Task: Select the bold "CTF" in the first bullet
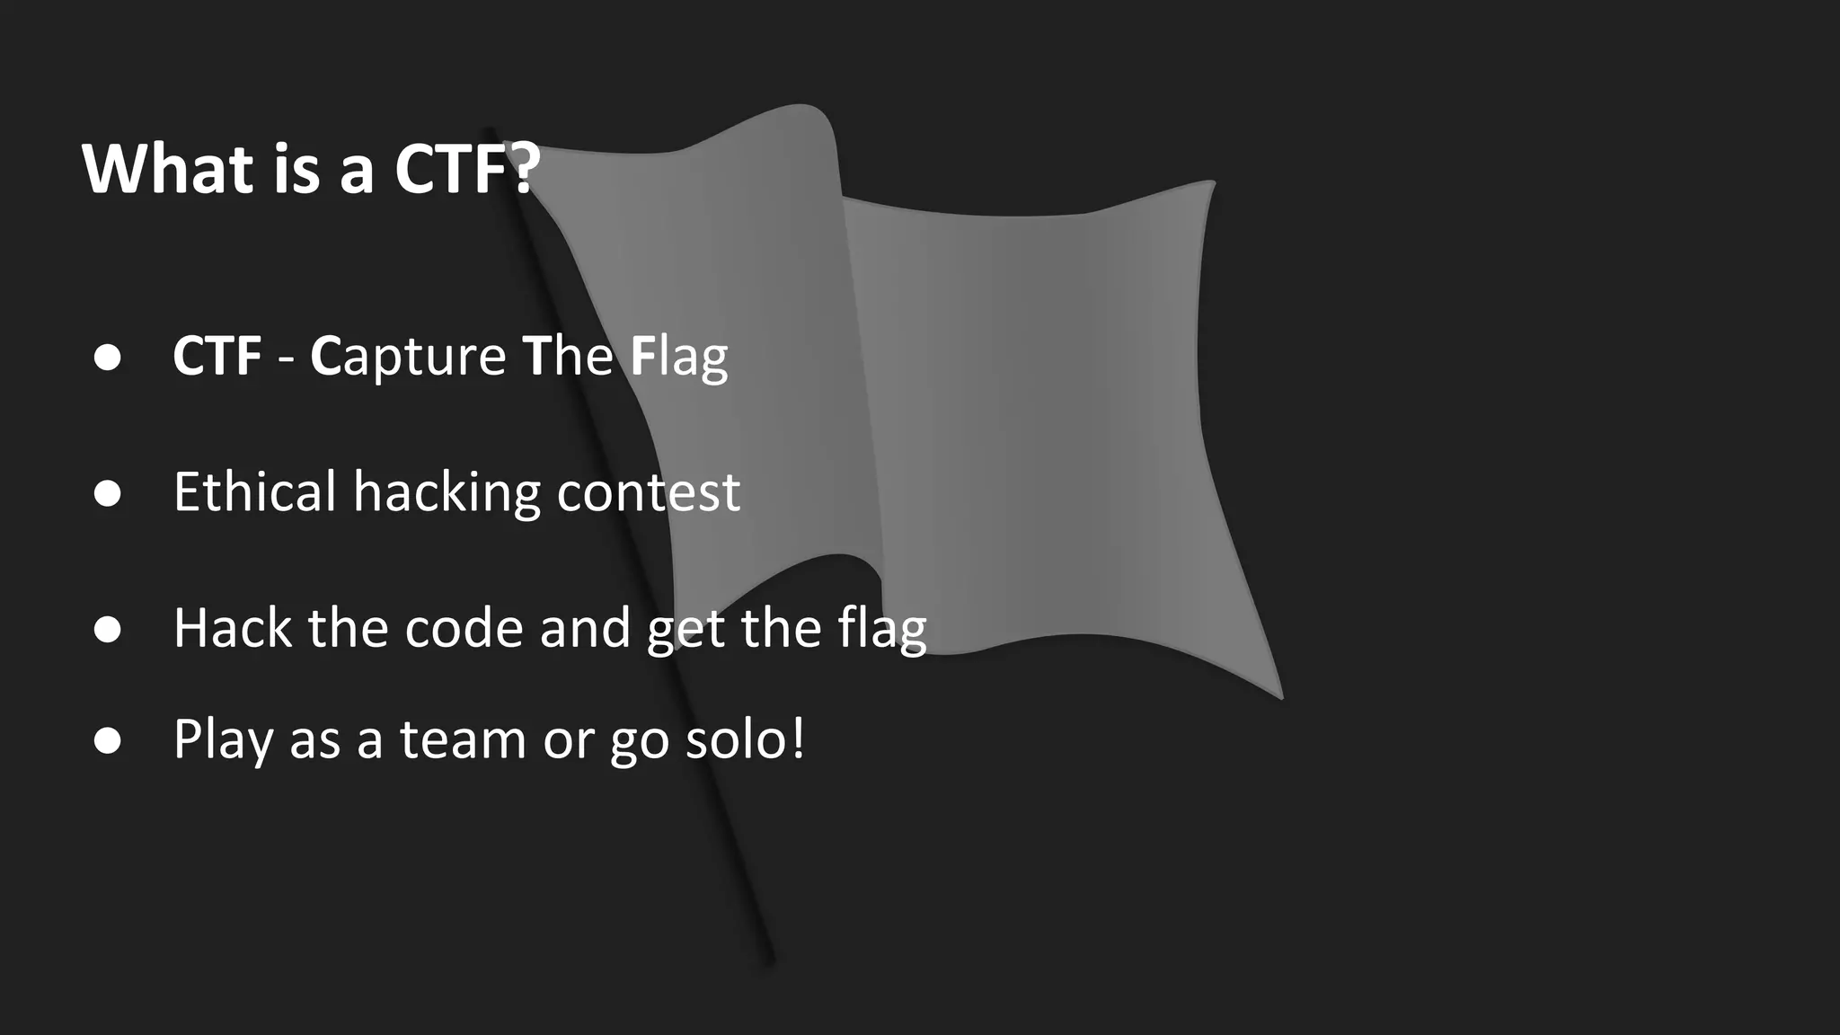coord(217,356)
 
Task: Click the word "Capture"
coord(409,356)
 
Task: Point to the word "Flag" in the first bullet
coord(678,356)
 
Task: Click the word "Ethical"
coord(254,491)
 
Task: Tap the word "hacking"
coord(447,493)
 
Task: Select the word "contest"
coord(648,492)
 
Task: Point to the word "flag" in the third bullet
coord(881,629)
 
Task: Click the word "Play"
coord(223,740)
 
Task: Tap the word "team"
coord(463,739)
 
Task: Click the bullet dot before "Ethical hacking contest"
coord(108,493)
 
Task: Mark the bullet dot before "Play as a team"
coord(108,740)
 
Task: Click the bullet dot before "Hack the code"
coord(108,629)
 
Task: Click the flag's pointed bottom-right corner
coord(1281,696)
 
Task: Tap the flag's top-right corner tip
coord(1213,182)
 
